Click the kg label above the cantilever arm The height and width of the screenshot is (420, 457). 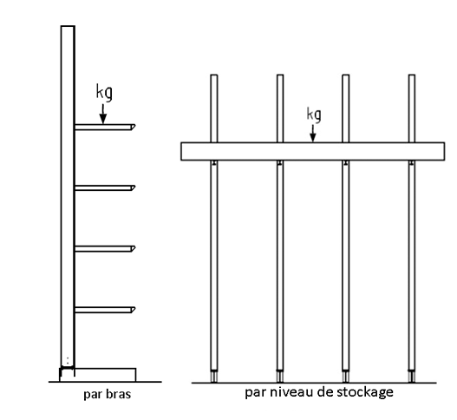104,93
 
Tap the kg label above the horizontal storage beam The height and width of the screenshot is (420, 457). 314,114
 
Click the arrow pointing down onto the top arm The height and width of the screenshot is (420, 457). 103,114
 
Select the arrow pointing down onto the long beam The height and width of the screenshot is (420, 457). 313,134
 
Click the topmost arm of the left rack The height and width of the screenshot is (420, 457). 105,128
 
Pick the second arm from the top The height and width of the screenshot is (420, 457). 105,187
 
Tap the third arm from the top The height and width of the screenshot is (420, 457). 105,249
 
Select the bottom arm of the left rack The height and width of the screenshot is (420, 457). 105,310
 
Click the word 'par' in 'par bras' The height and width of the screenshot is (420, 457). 93,395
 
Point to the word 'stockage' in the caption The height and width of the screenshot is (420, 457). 365,392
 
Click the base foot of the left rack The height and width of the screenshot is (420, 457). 98,375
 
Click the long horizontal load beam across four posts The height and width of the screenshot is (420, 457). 313,151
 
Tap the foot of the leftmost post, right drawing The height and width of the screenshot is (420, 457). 214,377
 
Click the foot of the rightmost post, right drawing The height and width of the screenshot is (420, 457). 412,377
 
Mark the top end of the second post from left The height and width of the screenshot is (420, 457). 280,75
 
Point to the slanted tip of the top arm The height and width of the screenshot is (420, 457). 134,127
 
